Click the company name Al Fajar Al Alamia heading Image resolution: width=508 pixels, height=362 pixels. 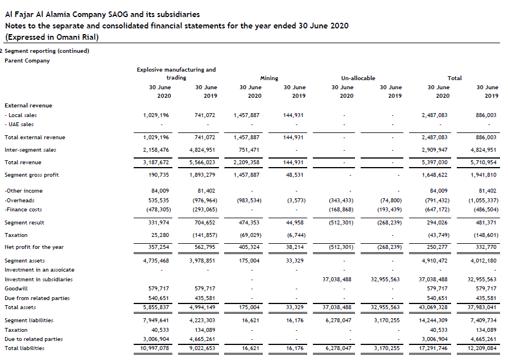click(x=102, y=15)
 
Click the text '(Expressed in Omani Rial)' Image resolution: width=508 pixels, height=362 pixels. click(x=52, y=38)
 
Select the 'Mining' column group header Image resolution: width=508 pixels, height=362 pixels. click(x=269, y=78)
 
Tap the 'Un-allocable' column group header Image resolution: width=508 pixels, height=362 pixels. click(x=358, y=78)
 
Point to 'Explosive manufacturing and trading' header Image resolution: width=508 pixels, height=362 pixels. click(x=176, y=73)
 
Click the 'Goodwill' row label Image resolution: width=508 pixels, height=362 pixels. click(x=16, y=289)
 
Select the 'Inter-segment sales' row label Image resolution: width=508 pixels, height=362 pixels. click(x=30, y=150)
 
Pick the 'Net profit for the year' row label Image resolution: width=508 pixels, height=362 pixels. click(x=34, y=247)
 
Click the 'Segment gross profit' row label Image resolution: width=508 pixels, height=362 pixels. click(x=31, y=175)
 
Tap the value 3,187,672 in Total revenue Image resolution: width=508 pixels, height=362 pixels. click(x=156, y=163)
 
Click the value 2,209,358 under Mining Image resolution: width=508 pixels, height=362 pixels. click(x=247, y=163)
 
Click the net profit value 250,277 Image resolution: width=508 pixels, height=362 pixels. click(x=437, y=248)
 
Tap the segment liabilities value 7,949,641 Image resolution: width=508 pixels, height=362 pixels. click(x=156, y=321)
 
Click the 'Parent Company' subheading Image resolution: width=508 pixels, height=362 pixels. click(x=27, y=61)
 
